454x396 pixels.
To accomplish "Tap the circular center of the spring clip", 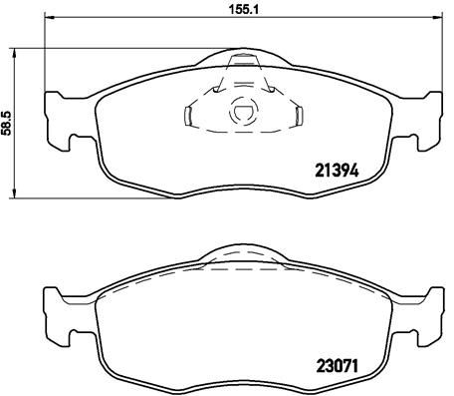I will [x=242, y=114].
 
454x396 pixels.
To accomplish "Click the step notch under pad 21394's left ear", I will [x=71, y=137].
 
